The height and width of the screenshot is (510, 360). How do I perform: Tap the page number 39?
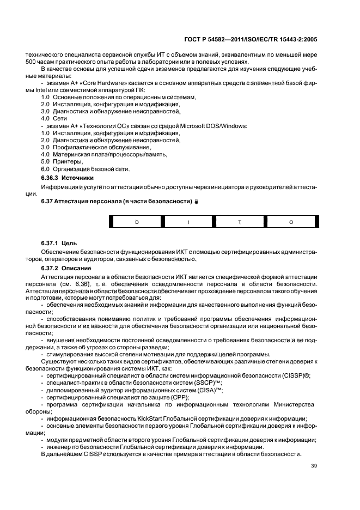[x=314, y=465]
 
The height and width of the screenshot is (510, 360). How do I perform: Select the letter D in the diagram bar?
[x=137, y=222]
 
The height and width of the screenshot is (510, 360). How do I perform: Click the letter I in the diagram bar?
[x=188, y=222]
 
